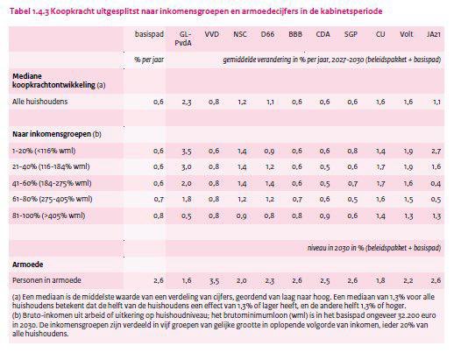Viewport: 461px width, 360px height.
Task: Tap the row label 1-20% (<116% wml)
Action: (x=43, y=152)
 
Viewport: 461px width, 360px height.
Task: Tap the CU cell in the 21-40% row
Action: (x=380, y=166)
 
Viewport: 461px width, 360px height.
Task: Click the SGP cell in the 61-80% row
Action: (x=352, y=199)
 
